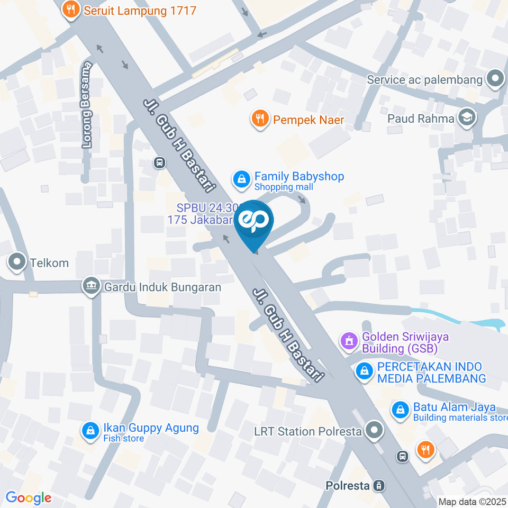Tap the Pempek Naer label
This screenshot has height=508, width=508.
(309, 120)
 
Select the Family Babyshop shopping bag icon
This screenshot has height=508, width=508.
(242, 179)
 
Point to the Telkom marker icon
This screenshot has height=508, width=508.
(17, 262)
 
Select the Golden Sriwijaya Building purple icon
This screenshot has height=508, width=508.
(349, 342)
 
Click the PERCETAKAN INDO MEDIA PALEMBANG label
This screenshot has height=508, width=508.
(431, 373)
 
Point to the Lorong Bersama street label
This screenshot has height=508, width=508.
(87, 104)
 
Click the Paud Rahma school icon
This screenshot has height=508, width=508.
(467, 117)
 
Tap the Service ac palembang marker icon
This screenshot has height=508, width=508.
(495, 79)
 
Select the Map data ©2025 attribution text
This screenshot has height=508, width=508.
(473, 502)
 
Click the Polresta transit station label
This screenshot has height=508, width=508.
(348, 485)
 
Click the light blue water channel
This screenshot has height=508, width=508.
(460, 319)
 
